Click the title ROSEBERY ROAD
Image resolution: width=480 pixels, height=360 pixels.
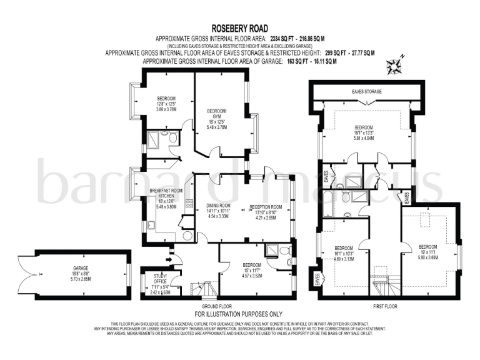pyautogui.click(x=239, y=28)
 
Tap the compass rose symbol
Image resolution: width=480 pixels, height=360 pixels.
pyautogui.click(x=395, y=66)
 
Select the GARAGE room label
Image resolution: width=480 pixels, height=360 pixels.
pyautogui.click(x=80, y=267)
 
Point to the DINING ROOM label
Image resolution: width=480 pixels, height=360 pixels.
pyautogui.click(x=219, y=206)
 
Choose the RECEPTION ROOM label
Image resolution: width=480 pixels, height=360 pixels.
pyautogui.click(x=266, y=207)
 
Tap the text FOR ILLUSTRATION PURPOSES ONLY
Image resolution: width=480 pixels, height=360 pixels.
pyautogui.click(x=239, y=314)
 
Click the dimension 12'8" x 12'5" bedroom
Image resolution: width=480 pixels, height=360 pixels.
pyautogui.click(x=166, y=104)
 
